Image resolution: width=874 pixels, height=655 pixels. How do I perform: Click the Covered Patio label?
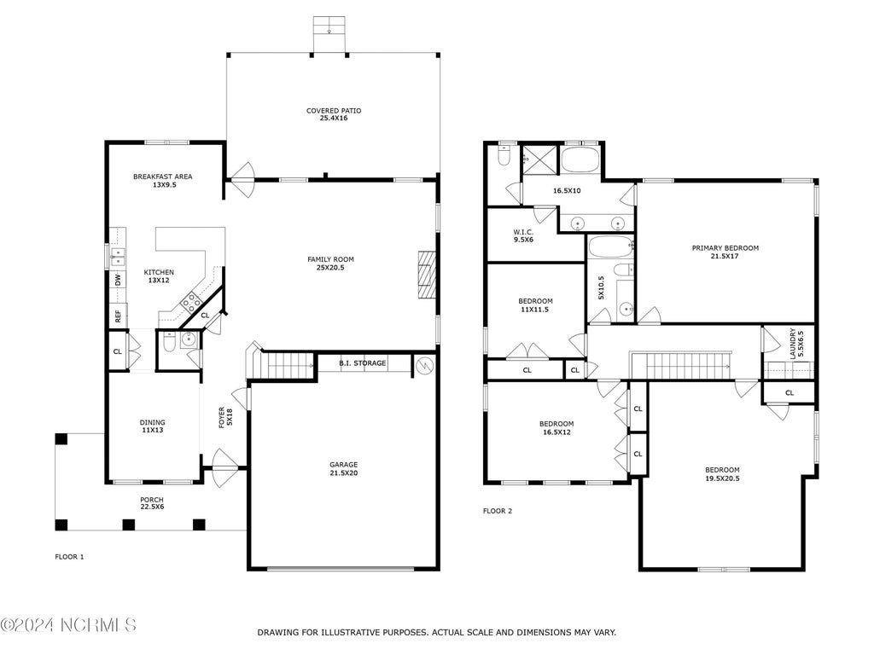pyautogui.click(x=334, y=114)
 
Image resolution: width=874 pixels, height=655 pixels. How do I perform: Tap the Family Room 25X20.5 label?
pyautogui.click(x=330, y=263)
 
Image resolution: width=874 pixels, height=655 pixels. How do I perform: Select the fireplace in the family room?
pyautogui.click(x=427, y=275)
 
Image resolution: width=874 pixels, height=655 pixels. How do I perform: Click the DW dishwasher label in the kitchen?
pyautogui.click(x=118, y=280)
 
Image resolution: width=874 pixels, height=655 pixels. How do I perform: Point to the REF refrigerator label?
pyautogui.click(x=118, y=316)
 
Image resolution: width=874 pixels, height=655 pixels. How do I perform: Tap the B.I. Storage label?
pyautogui.click(x=362, y=363)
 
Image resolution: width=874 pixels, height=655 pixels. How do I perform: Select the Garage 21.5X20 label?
pyautogui.click(x=343, y=468)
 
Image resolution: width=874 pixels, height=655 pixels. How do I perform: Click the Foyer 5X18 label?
pyautogui.click(x=225, y=417)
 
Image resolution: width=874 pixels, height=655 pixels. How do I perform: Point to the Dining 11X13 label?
pyautogui.click(x=152, y=426)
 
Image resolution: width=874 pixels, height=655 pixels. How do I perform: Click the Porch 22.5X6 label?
pyautogui.click(x=152, y=503)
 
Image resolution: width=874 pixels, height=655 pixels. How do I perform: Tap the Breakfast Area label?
pyautogui.click(x=163, y=181)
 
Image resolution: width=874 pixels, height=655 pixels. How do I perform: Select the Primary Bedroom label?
pyautogui.click(x=725, y=252)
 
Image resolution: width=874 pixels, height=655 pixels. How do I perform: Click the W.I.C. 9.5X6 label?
pyautogui.click(x=523, y=235)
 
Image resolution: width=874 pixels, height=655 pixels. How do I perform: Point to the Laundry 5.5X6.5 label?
pyautogui.click(x=796, y=343)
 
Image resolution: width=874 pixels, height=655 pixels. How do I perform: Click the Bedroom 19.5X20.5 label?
pyautogui.click(x=722, y=474)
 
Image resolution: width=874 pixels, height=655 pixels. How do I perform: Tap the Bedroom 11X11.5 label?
pyautogui.click(x=535, y=304)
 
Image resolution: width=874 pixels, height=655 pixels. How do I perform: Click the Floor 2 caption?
pyautogui.click(x=498, y=511)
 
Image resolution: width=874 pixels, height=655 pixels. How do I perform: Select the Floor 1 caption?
pyautogui.click(x=69, y=556)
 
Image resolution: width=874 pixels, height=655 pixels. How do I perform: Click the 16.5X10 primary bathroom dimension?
pyautogui.click(x=567, y=190)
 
